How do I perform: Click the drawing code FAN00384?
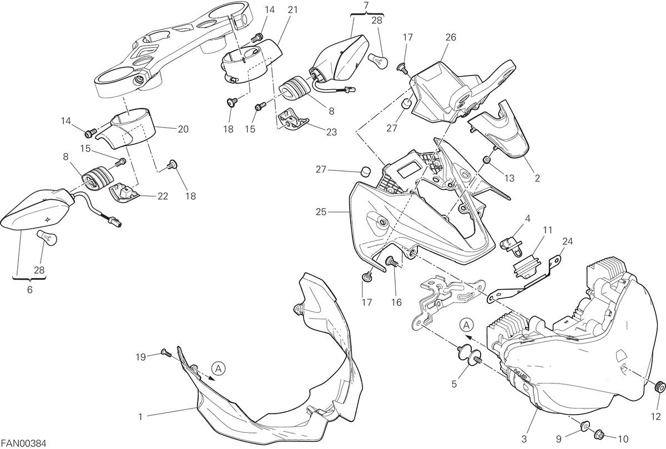[23, 443]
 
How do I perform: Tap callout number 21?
[292, 10]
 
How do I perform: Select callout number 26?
[451, 37]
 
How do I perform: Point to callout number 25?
[321, 212]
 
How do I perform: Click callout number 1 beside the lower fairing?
[140, 417]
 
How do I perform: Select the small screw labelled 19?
[166, 353]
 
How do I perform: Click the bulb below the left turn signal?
[47, 238]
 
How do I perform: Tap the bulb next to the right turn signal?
[378, 61]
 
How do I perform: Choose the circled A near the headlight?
[467, 325]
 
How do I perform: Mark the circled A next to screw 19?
[219, 369]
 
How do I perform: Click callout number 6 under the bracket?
[30, 289]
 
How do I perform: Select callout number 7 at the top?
[366, 5]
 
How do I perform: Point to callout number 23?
[331, 132]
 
